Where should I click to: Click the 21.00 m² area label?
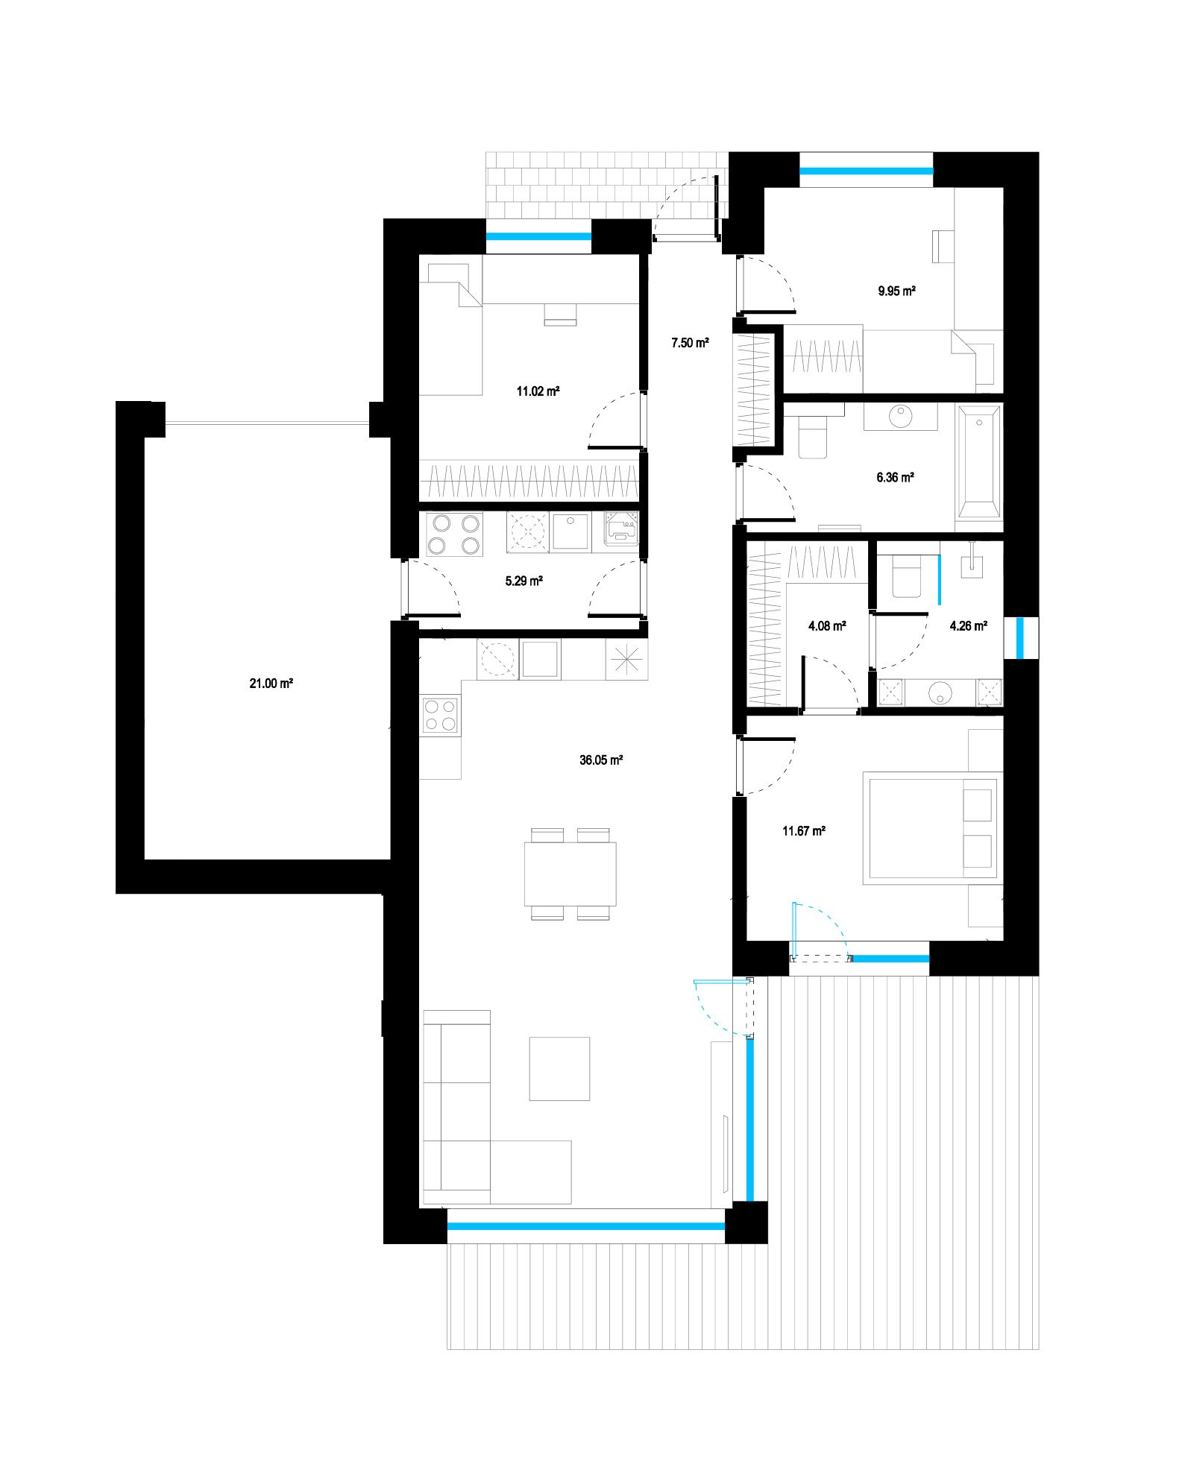(271, 683)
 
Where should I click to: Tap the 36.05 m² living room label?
(602, 760)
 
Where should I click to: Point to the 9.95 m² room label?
(896, 291)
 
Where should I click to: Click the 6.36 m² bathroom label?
(895, 478)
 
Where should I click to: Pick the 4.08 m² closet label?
(826, 626)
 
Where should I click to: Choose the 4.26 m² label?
(968, 626)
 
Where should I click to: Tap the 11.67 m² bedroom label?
(803, 830)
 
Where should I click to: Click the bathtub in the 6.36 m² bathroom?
(980, 462)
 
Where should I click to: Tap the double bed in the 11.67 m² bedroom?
(931, 828)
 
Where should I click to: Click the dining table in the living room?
(570, 872)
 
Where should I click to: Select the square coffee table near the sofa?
(559, 1068)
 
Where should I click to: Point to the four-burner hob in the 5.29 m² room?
(451, 534)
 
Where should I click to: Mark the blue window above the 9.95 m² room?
(867, 170)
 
